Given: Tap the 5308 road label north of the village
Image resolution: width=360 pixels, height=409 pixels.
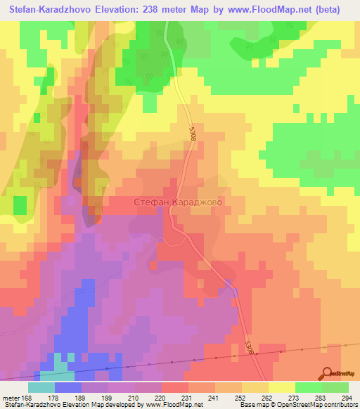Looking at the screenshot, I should [x=193, y=135].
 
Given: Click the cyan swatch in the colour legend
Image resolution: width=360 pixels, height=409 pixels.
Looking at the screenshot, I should [x=41, y=387].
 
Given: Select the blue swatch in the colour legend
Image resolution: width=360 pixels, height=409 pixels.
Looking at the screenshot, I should [x=68, y=387].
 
